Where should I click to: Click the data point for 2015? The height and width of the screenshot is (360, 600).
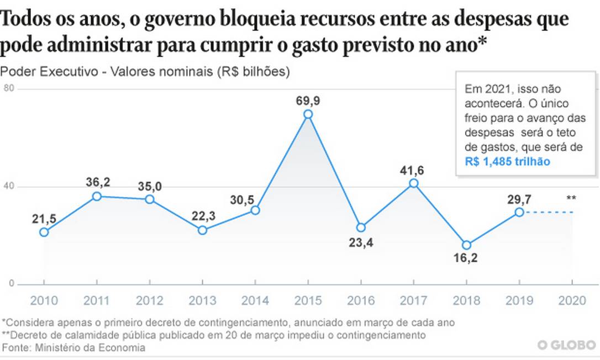(x=308, y=114)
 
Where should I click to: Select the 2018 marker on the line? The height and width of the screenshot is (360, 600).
(x=466, y=245)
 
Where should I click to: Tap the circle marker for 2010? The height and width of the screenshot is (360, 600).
(x=44, y=232)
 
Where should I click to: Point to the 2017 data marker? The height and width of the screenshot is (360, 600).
(x=414, y=183)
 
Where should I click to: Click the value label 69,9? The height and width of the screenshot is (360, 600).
(x=308, y=100)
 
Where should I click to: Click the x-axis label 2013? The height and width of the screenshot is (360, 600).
(x=202, y=300)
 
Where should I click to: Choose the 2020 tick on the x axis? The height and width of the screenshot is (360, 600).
(x=572, y=300)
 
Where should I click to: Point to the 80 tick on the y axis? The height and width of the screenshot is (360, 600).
(x=8, y=89)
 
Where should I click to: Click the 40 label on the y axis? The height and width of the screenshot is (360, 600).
(x=8, y=187)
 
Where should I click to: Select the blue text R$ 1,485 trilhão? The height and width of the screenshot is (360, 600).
(x=507, y=161)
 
